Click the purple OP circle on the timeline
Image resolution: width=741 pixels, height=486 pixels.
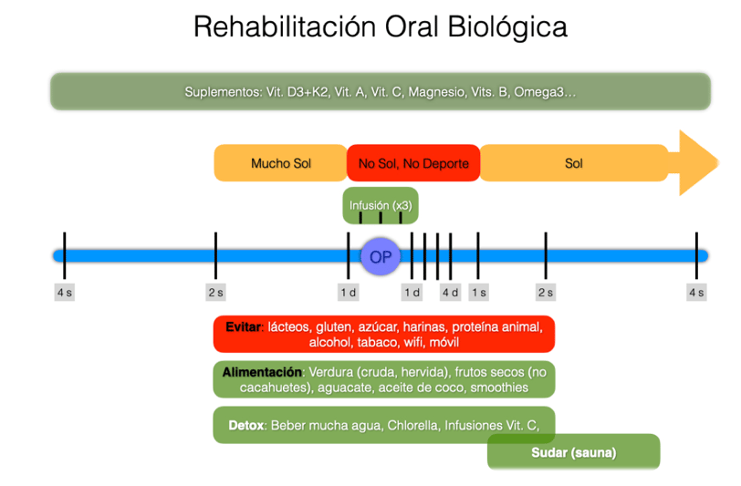point(381,256)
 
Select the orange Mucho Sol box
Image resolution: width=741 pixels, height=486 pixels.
point(281,163)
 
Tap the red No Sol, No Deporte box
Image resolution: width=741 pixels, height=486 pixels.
point(413,163)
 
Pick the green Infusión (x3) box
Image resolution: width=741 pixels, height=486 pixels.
point(381,205)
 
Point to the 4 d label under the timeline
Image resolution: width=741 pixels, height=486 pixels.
point(451,293)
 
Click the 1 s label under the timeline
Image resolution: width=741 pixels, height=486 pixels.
point(479,293)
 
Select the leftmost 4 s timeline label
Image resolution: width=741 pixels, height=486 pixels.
point(65,293)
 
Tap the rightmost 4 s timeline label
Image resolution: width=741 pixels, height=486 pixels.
point(696,293)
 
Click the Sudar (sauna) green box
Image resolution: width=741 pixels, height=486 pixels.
point(574,452)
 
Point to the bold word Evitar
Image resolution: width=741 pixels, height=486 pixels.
point(243,326)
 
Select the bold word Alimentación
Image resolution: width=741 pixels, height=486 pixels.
point(262,372)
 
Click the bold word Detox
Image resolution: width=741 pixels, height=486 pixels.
point(246,426)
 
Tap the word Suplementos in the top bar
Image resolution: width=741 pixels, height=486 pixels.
point(222,91)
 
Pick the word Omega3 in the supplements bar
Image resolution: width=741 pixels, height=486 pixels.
point(538,91)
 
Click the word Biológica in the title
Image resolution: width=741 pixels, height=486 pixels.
point(507,27)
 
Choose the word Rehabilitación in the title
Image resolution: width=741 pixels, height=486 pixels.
point(285,26)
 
